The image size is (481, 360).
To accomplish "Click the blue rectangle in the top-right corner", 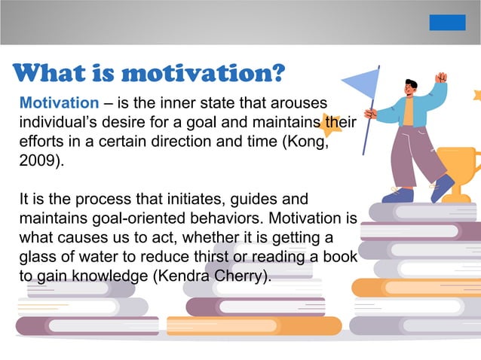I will click(x=447, y=23).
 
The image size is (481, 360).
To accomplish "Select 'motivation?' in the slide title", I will click(x=204, y=74).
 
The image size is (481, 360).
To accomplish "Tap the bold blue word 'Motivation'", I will click(x=59, y=102).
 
